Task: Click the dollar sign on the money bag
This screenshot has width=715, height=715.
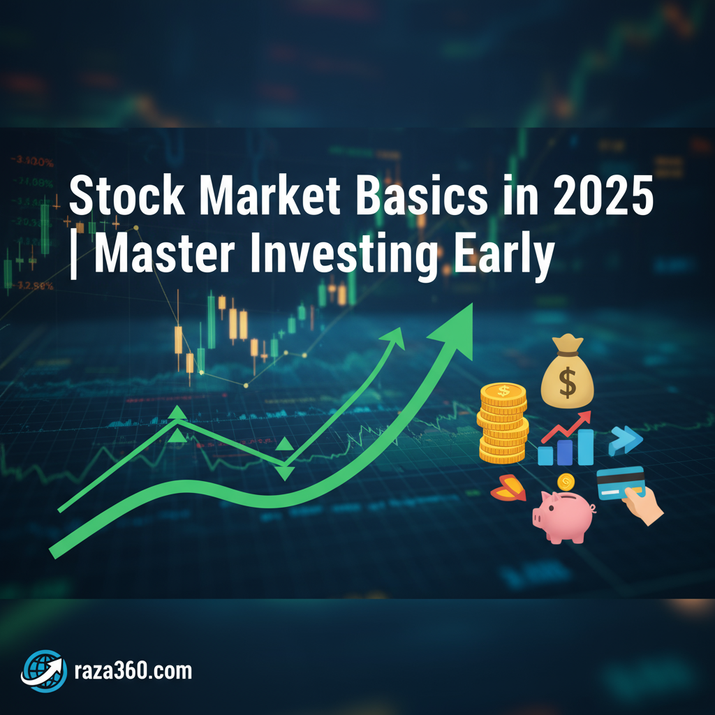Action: pos(567,383)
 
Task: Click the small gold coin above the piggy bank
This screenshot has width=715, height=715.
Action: pos(566,481)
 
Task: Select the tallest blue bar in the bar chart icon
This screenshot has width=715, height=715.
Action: pos(584,447)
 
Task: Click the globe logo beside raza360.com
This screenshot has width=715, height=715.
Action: pos(44,670)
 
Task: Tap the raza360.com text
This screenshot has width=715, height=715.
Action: pos(132,671)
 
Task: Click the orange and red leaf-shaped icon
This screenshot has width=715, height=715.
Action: pos(508,489)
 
